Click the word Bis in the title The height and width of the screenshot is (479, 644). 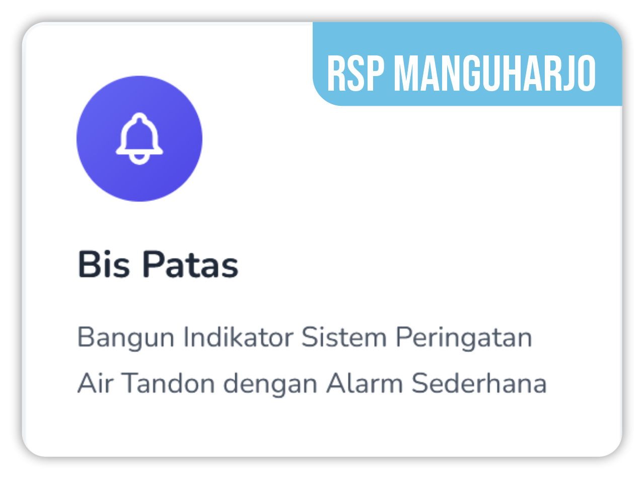pyautogui.click(x=103, y=264)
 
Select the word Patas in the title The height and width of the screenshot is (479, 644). pyautogui.click(x=190, y=264)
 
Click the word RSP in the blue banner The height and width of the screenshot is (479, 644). pyautogui.click(x=355, y=73)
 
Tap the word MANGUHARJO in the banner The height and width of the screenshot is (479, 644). pyautogui.click(x=494, y=73)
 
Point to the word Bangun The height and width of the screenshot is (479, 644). pyautogui.click(x=126, y=338)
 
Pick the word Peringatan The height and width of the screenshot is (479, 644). pyautogui.click(x=464, y=338)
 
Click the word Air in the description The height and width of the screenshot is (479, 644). pyautogui.click(x=95, y=383)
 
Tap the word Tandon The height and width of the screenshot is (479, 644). pyautogui.click(x=168, y=383)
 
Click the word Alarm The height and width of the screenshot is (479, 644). pyautogui.click(x=365, y=383)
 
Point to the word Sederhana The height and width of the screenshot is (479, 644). pyautogui.click(x=479, y=383)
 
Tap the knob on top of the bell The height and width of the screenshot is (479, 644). pyautogui.click(x=139, y=117)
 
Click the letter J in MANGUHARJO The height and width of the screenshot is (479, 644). pyautogui.click(x=569, y=73)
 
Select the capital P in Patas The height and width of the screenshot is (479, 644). pyautogui.click(x=153, y=264)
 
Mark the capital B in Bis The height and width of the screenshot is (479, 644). pyautogui.click(x=89, y=264)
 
